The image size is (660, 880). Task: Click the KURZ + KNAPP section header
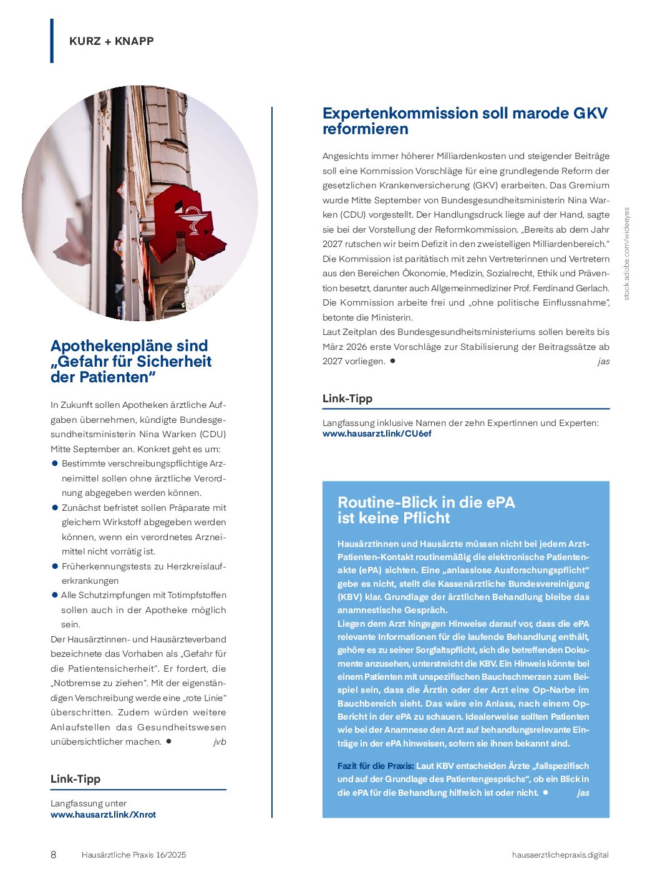(x=111, y=41)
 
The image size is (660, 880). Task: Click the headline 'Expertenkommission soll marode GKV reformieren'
(x=464, y=121)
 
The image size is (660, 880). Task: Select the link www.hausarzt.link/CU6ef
(x=377, y=433)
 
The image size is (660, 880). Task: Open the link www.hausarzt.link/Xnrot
(x=103, y=815)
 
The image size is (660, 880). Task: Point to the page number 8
(x=53, y=854)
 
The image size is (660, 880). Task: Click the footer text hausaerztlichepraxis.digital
(x=560, y=854)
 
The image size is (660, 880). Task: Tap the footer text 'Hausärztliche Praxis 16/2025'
(x=133, y=854)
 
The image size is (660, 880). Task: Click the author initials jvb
(x=220, y=742)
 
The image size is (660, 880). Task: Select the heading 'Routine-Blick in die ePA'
(x=426, y=503)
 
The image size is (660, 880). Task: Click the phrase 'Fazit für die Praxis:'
(x=376, y=766)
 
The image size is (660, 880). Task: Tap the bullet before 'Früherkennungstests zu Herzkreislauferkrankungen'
(x=55, y=566)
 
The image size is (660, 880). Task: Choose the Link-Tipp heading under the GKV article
(x=347, y=399)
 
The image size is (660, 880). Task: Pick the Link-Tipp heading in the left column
(x=75, y=779)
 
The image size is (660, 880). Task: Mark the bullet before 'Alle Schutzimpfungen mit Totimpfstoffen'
(x=55, y=595)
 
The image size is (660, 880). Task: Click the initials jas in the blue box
(x=583, y=793)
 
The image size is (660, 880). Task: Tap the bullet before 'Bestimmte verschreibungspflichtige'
(x=55, y=463)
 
